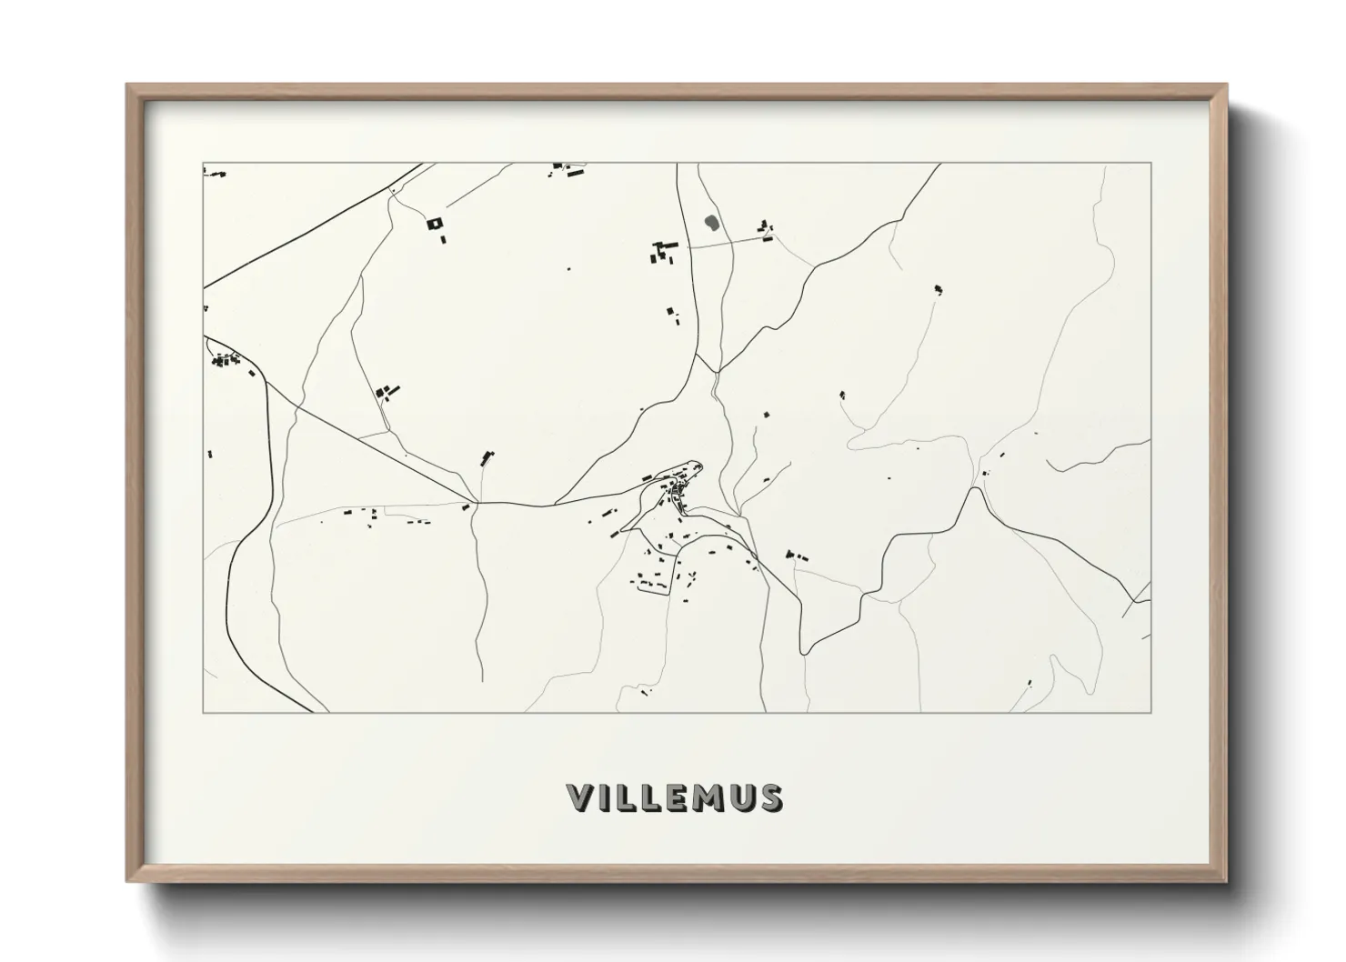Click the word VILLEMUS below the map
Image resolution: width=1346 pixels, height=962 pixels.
(x=674, y=797)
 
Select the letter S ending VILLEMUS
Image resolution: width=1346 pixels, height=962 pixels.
(x=769, y=797)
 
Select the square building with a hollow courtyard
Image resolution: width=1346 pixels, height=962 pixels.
(x=434, y=223)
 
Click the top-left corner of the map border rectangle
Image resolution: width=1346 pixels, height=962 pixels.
(x=204, y=164)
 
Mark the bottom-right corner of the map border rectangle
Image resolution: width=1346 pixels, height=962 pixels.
(x=1150, y=712)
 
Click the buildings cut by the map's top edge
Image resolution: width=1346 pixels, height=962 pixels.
(x=568, y=168)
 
